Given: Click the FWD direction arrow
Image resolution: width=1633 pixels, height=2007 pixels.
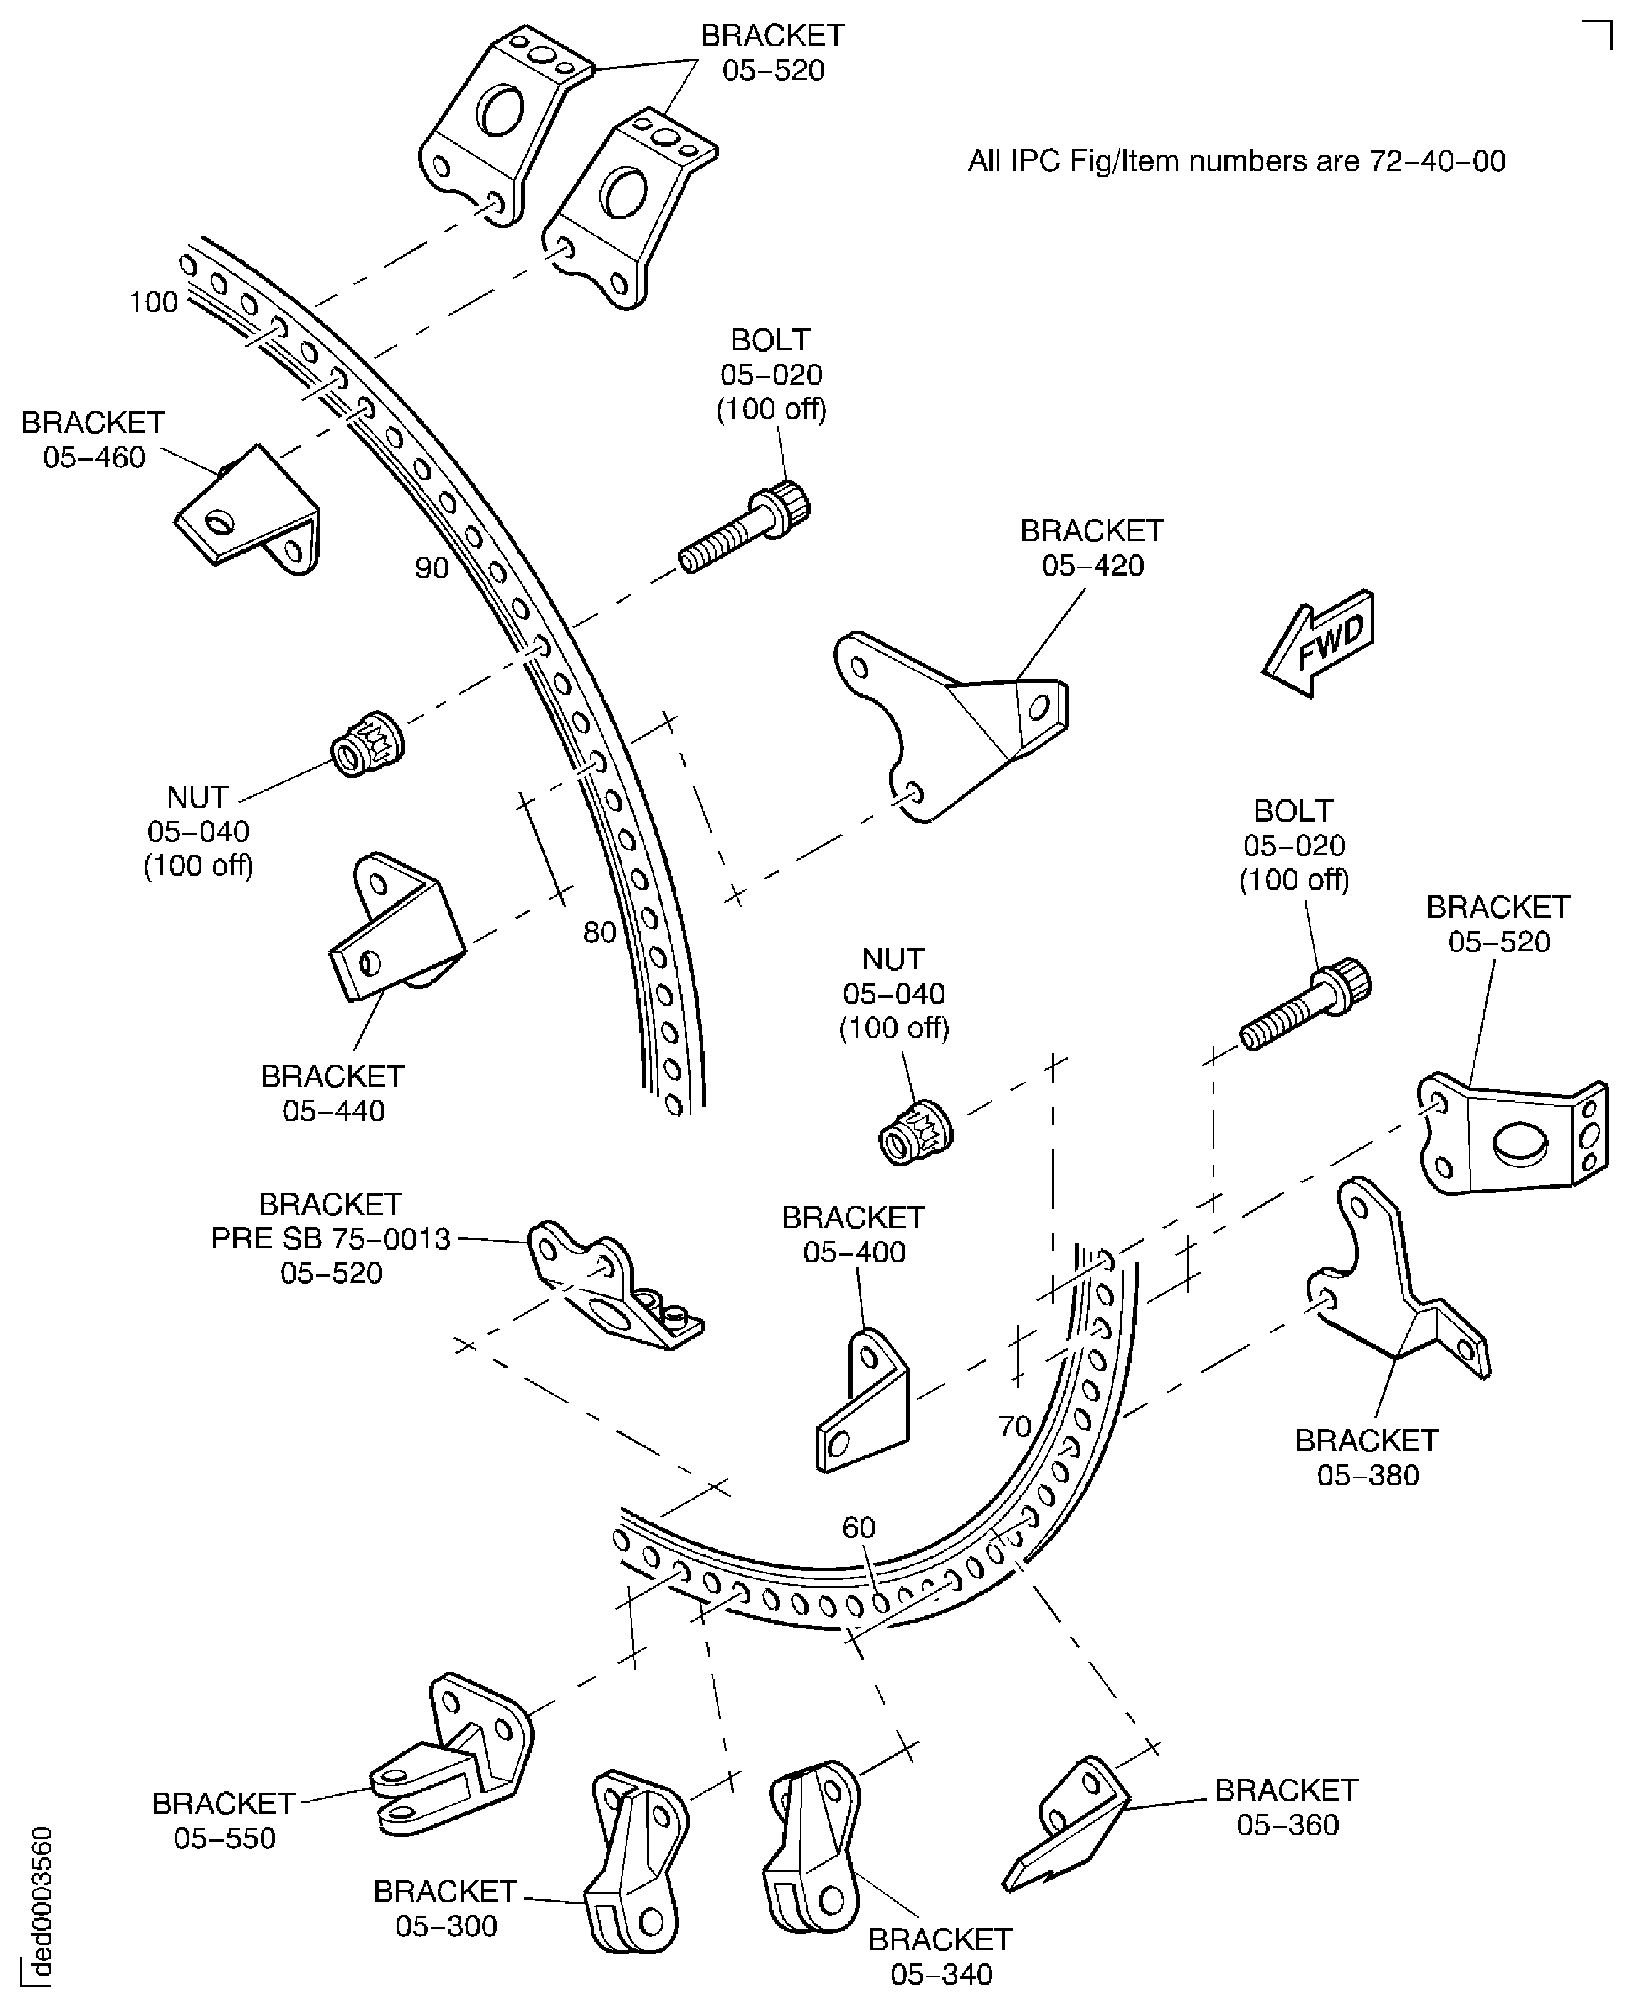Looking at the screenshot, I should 1319,644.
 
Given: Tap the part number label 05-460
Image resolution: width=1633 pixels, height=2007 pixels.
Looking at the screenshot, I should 94,458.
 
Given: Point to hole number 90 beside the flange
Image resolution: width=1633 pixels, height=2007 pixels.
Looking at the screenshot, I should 432,568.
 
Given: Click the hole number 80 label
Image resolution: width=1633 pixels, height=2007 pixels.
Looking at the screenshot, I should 599,933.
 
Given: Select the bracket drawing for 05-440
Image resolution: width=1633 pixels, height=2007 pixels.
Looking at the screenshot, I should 395,931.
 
